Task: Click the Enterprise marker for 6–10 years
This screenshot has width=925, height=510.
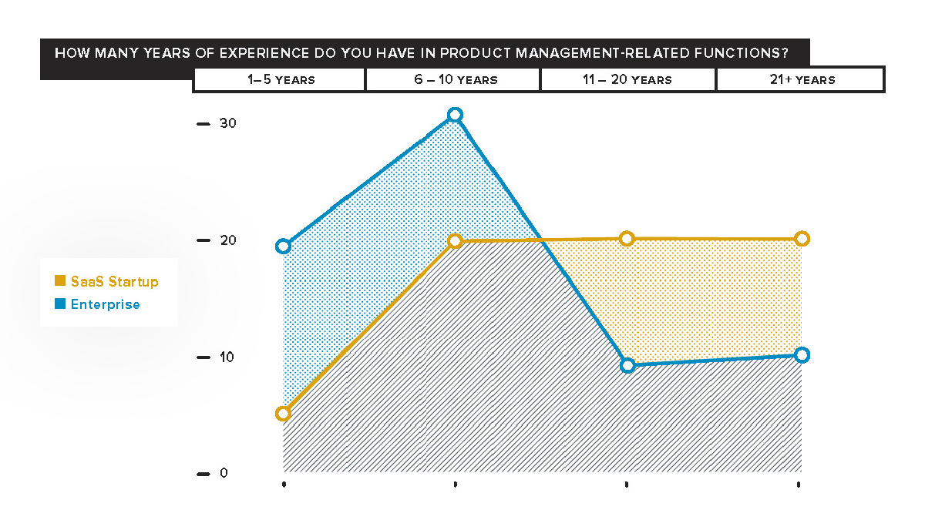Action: (x=455, y=115)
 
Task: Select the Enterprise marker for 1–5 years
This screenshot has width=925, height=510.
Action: (x=283, y=247)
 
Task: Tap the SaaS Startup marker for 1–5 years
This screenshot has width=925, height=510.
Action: (x=283, y=414)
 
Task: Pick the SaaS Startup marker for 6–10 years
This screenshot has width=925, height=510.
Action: (x=455, y=241)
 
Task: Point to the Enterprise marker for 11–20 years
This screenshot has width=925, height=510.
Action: (x=627, y=365)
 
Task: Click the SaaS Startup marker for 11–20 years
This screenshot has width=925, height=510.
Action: (x=627, y=239)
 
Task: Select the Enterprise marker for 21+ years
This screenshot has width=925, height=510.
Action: (x=802, y=355)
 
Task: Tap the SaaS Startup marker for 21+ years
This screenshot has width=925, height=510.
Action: (x=802, y=239)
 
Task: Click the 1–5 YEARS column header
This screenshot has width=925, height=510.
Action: (x=281, y=79)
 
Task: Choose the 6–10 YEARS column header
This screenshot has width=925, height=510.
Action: (x=455, y=79)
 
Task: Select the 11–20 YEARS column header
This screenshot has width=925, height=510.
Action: (x=629, y=79)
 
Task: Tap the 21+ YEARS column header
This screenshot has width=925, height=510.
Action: (x=802, y=79)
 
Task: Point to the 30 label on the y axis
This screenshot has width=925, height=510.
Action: (x=227, y=124)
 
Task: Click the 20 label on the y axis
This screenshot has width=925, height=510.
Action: (x=227, y=240)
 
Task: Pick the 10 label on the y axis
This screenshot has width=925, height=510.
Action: (x=227, y=357)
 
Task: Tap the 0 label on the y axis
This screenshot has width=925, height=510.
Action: (x=224, y=473)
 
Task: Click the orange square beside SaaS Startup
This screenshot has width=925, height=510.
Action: (x=60, y=282)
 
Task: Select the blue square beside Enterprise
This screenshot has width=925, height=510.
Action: (x=60, y=304)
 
